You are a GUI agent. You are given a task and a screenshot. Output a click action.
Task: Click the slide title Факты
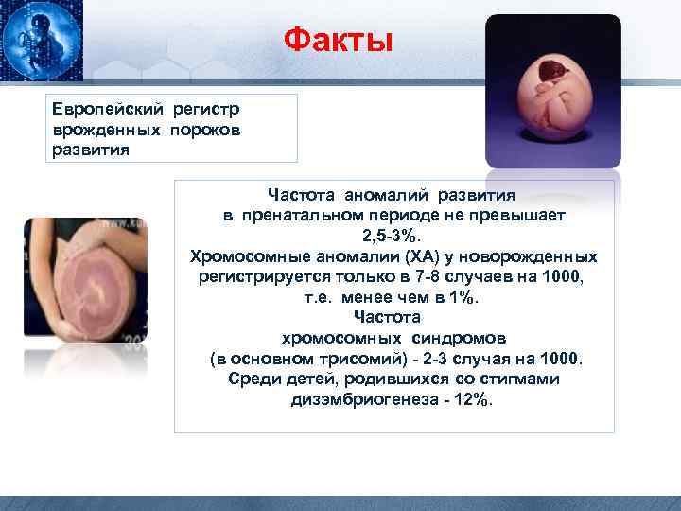tap(338, 40)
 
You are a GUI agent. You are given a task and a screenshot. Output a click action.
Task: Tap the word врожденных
tap(107, 130)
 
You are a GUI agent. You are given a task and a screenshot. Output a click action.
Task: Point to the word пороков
tap(205, 130)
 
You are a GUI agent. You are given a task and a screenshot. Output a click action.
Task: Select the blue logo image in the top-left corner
tap(42, 41)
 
